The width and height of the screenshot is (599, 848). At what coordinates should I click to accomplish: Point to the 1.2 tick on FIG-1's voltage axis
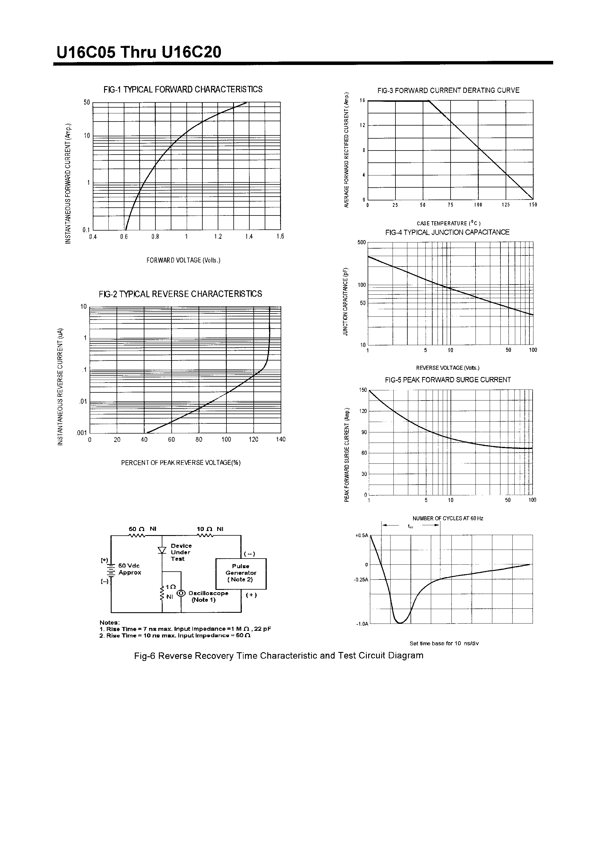pyautogui.click(x=218, y=237)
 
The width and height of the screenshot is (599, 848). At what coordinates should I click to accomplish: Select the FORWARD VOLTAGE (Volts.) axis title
pyautogui.click(x=183, y=260)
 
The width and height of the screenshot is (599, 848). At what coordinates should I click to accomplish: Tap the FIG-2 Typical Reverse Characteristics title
pyautogui.click(x=180, y=294)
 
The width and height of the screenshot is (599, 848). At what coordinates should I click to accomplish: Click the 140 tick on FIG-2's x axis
pyautogui.click(x=281, y=439)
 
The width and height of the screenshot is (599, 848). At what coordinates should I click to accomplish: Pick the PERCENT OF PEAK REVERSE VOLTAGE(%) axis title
pyautogui.click(x=181, y=463)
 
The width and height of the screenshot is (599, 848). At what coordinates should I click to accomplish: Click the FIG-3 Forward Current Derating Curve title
pyautogui.click(x=448, y=90)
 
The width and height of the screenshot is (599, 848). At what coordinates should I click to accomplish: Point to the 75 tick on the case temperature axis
pyautogui.click(x=450, y=205)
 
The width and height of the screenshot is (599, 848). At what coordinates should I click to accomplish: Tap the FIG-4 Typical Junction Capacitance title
pyautogui.click(x=447, y=232)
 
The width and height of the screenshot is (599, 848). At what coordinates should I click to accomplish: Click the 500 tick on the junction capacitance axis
pyautogui.click(x=362, y=243)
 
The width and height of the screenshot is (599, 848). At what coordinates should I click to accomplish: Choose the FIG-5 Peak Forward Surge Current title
pyautogui.click(x=448, y=380)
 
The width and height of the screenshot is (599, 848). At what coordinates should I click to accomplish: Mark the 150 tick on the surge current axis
pyautogui.click(x=363, y=390)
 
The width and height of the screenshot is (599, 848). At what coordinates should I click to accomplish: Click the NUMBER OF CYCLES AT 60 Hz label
pyautogui.click(x=448, y=519)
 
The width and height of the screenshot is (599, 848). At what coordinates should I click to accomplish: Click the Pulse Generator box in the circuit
pyautogui.click(x=241, y=573)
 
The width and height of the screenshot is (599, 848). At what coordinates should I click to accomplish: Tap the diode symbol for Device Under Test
pyautogui.click(x=162, y=550)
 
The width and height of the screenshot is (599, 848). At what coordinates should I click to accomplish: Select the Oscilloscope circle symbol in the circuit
pyautogui.click(x=181, y=594)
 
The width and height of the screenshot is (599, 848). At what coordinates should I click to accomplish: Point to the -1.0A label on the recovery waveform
pyautogui.click(x=362, y=624)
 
